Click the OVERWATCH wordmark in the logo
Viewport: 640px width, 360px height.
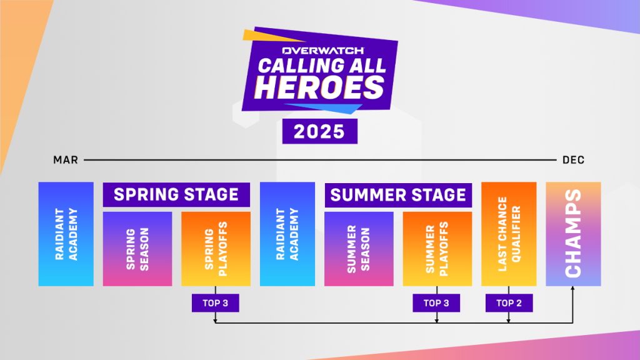click(x=323, y=51)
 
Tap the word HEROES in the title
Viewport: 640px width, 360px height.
click(x=319, y=87)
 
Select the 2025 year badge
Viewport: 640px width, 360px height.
click(x=319, y=131)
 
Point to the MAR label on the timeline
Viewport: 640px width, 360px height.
click(x=65, y=160)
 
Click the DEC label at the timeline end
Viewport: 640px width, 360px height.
click(x=574, y=160)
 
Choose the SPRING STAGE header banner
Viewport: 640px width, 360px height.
click(x=176, y=195)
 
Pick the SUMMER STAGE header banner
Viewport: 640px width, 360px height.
click(x=398, y=195)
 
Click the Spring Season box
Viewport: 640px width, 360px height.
click(x=137, y=249)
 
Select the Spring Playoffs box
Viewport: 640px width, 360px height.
click(x=216, y=249)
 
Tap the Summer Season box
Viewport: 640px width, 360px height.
click(x=359, y=249)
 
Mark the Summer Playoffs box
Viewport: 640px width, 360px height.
click(x=437, y=249)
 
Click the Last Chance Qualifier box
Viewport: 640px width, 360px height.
click(x=509, y=234)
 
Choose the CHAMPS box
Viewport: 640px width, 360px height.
click(x=574, y=234)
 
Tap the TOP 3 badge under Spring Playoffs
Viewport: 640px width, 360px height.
click(x=216, y=303)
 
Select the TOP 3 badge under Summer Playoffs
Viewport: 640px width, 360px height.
click(x=436, y=303)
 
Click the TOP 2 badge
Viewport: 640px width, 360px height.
click(x=509, y=303)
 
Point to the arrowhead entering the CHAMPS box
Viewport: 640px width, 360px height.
click(x=572, y=288)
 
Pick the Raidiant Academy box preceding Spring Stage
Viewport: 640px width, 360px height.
click(x=66, y=234)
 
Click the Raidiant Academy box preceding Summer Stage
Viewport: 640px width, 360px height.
click(x=287, y=234)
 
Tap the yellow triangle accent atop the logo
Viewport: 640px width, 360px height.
click(x=269, y=36)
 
